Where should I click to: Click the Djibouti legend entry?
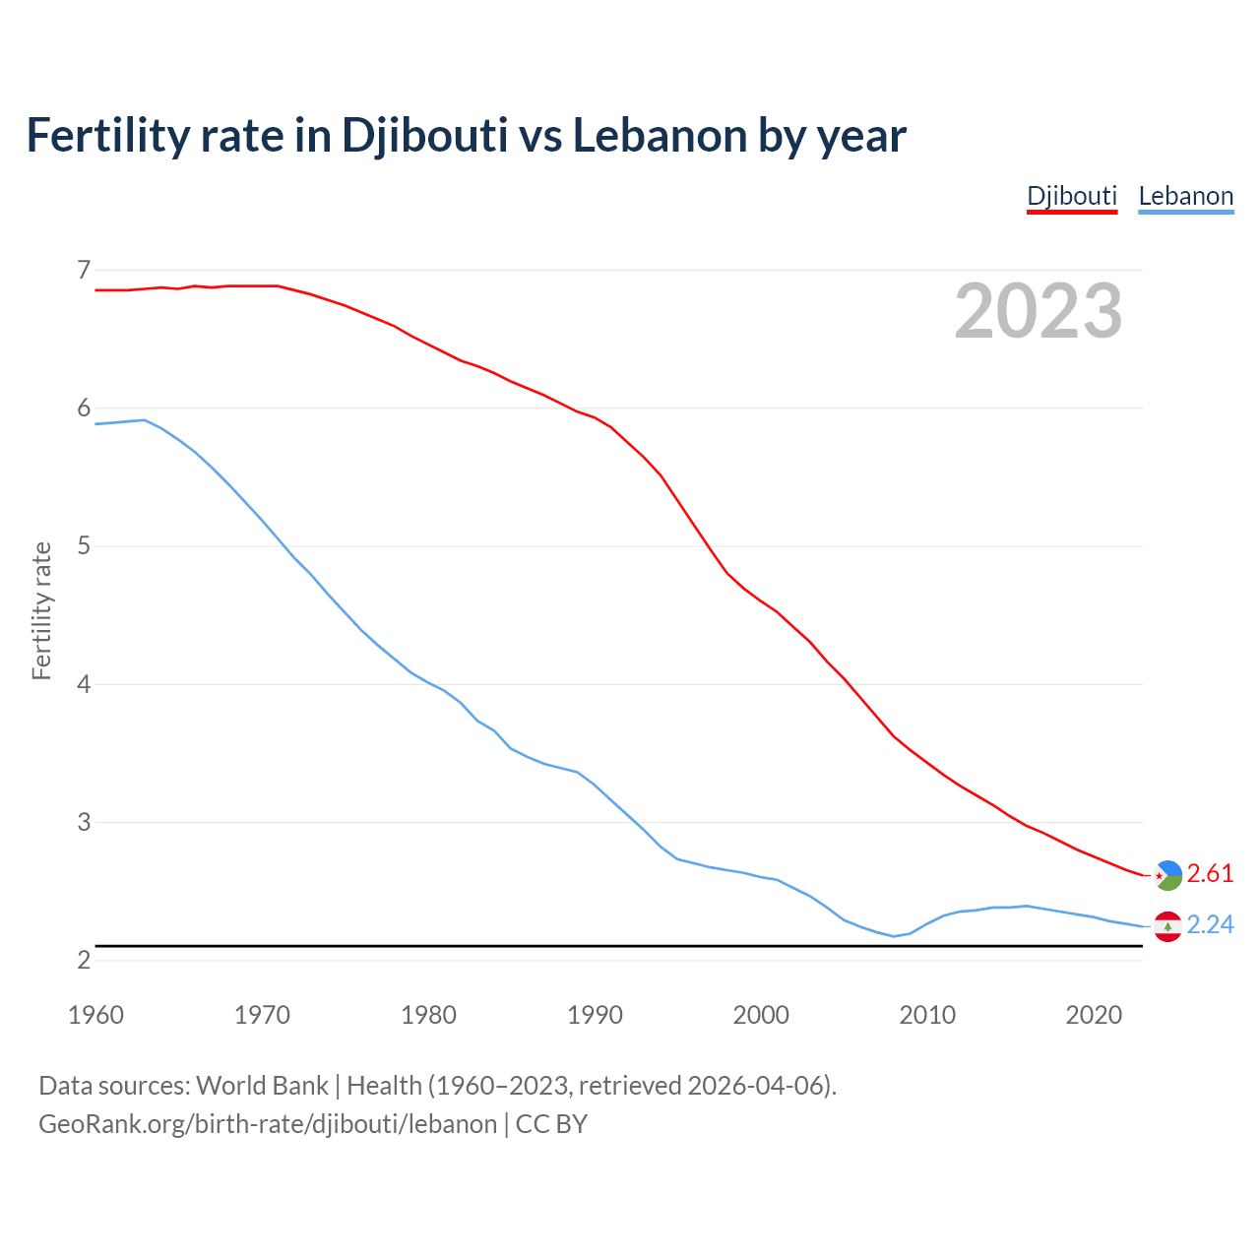coord(1072,196)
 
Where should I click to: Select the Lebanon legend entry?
coord(1185,196)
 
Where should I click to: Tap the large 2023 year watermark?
coord(1039,311)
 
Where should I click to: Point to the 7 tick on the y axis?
coord(84,269)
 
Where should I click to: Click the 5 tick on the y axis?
coord(84,545)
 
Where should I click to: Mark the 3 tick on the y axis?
coord(84,822)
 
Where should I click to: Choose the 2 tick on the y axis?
coord(84,960)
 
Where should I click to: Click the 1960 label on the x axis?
coord(95,1015)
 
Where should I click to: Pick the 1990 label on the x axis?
coord(595,1015)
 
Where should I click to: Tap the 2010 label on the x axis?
coord(927,1015)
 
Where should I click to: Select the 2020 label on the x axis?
coord(1094,1015)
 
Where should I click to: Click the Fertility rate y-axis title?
coord(41,610)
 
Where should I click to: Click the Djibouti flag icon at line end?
coord(1167,874)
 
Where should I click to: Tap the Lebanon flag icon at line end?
coord(1167,926)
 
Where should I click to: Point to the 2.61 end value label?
coord(1210,874)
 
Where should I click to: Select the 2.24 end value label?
coord(1210,925)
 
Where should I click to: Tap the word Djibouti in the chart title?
coord(424,136)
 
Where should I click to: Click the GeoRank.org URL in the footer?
coord(268,1124)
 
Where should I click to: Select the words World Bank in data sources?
coord(262,1086)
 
